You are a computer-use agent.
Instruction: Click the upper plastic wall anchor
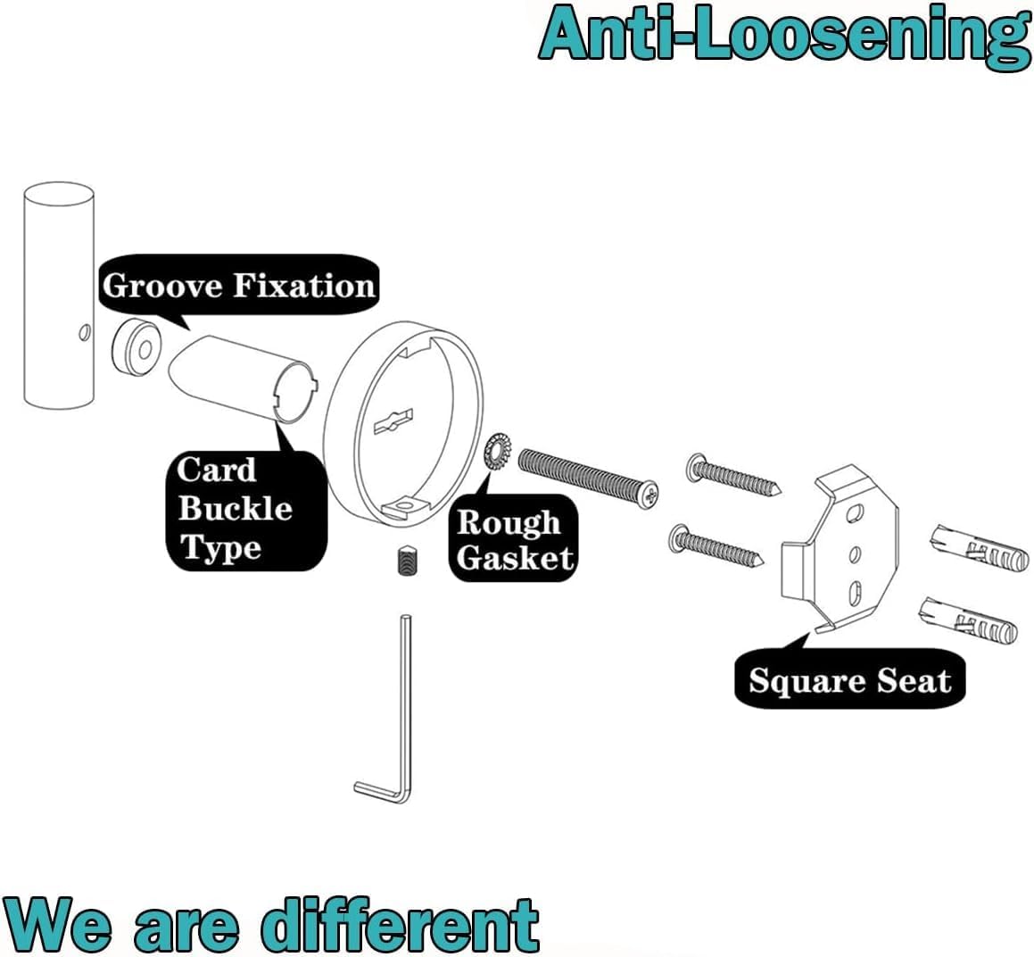(972, 551)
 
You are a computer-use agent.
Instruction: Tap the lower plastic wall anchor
(967, 622)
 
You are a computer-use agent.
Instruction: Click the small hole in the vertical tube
(85, 334)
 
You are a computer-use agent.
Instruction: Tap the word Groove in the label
(162, 286)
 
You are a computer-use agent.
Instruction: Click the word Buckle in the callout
(236, 508)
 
